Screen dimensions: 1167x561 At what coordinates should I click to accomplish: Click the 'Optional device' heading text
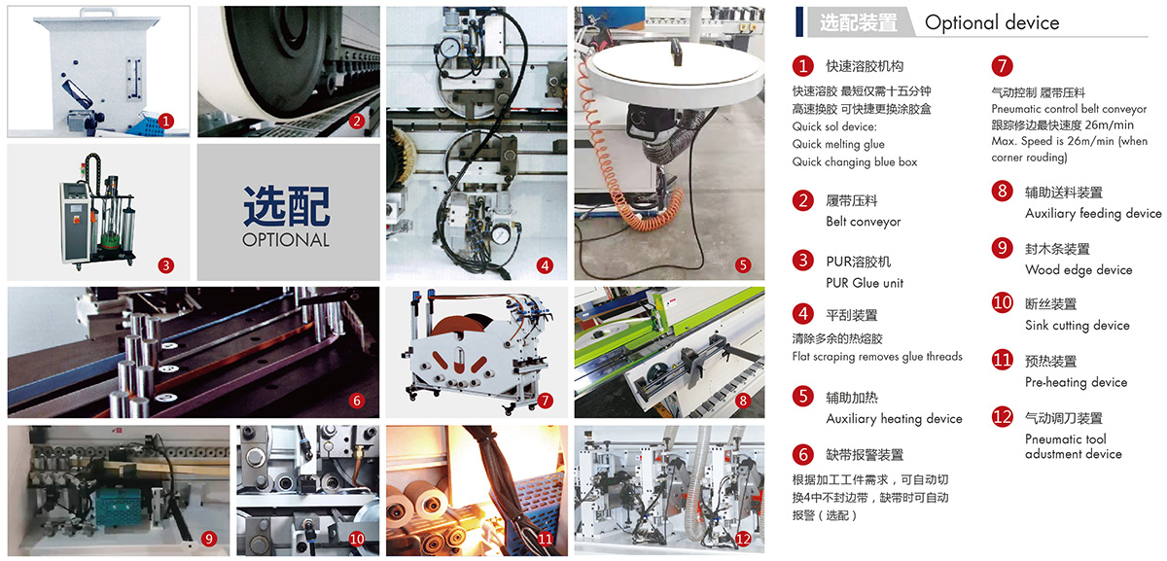click(x=992, y=23)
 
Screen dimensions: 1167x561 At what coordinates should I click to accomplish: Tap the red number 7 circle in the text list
click(x=1002, y=66)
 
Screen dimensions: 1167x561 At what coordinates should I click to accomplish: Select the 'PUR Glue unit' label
click(x=865, y=283)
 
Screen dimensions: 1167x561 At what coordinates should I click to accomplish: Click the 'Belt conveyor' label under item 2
click(x=864, y=222)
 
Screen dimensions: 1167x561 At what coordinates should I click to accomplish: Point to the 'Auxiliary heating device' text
click(x=894, y=419)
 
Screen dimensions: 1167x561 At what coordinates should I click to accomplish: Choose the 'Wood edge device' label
click(x=1079, y=270)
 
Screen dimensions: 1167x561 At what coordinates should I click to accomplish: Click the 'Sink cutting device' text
click(x=1078, y=326)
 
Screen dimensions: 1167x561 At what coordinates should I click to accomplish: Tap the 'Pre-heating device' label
click(x=1076, y=382)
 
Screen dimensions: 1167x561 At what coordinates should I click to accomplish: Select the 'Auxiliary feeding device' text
click(x=1093, y=213)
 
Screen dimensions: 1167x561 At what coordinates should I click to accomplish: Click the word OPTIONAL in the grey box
click(x=286, y=240)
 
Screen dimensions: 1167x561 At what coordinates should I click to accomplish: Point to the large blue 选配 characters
click(x=287, y=206)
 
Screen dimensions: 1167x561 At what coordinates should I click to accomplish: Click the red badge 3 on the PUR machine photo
click(x=165, y=265)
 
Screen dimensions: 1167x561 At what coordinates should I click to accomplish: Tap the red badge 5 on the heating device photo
click(x=743, y=265)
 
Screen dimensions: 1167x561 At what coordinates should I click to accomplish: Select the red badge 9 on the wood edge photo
click(x=209, y=539)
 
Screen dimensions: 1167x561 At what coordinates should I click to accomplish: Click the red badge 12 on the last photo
click(x=743, y=539)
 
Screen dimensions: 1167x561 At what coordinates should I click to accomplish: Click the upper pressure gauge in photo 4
click(x=449, y=49)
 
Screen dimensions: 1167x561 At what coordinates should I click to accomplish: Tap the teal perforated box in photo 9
click(x=122, y=507)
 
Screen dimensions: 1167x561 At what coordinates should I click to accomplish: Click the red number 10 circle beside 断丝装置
click(x=1002, y=302)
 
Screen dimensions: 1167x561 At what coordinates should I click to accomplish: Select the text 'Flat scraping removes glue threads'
click(x=877, y=357)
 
